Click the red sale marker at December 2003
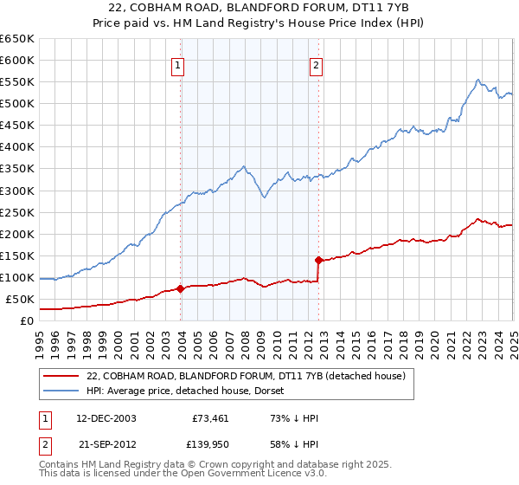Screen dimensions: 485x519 pyautogui.click(x=181, y=288)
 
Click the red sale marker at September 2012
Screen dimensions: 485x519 pyautogui.click(x=318, y=260)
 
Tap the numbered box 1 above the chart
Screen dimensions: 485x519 pyautogui.click(x=177, y=63)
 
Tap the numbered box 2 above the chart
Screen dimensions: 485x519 pyautogui.click(x=316, y=63)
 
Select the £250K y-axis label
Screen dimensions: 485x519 pyautogui.click(x=17, y=212)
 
